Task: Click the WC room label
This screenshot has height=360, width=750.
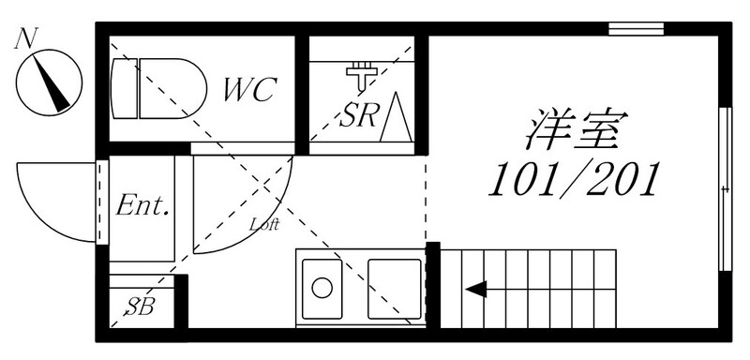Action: pos(250,89)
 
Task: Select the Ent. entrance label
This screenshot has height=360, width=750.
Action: pos(142,205)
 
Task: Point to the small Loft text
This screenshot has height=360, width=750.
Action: pos(263,224)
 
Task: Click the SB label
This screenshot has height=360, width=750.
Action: pos(140,307)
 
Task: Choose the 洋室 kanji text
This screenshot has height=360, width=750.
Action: pos(576,128)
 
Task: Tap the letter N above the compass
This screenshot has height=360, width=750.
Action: pos(26,38)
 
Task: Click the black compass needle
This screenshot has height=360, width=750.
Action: pos(52,83)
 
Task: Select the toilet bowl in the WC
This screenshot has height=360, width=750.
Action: pos(172,88)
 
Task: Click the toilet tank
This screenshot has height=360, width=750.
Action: pos(124,88)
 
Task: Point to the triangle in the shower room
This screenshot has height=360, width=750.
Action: pos(396,116)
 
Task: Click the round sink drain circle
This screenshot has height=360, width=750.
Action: pos(322,288)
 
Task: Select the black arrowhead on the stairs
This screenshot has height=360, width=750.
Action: pos(476,289)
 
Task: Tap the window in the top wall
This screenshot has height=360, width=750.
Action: pos(636,29)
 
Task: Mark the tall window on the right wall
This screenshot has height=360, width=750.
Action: pos(726,189)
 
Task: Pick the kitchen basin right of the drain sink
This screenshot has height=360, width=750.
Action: pos(395,289)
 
